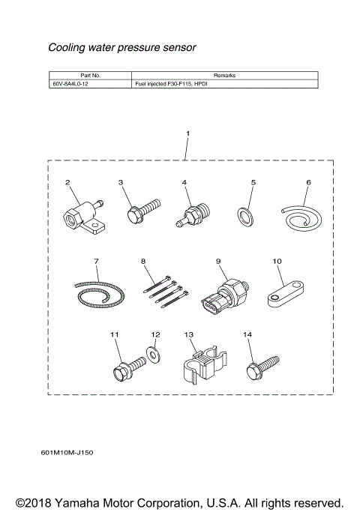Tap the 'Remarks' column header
(x=224, y=76)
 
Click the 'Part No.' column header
(x=90, y=76)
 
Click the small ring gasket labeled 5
(x=244, y=215)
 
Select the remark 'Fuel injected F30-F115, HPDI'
(x=171, y=84)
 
